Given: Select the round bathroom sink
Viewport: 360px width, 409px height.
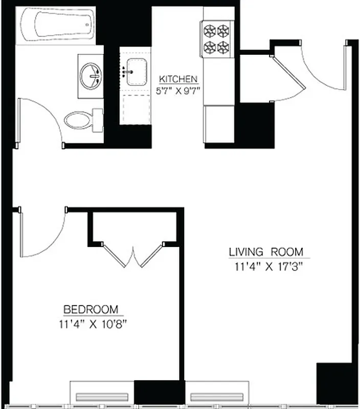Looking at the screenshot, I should (x=92, y=76).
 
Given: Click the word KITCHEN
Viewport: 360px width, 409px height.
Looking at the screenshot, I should (x=178, y=79).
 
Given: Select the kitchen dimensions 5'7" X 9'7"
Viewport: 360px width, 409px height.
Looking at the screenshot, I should (x=178, y=90).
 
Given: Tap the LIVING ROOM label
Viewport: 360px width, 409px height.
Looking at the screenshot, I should (x=265, y=252).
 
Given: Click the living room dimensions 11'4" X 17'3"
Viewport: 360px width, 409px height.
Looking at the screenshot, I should (x=265, y=266).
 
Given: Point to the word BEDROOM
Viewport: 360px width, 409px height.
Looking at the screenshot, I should (x=91, y=309).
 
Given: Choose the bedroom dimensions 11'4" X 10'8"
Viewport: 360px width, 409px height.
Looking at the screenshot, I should (x=91, y=323).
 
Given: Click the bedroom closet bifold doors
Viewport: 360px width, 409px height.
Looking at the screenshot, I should (x=133, y=256).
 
